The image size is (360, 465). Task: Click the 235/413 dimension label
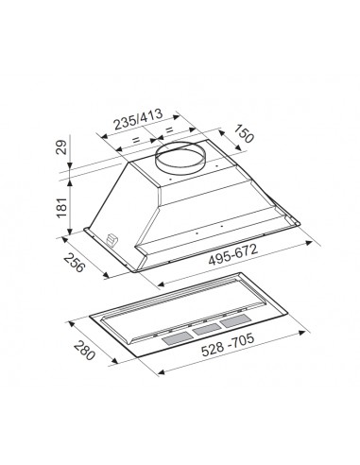tap(138, 119)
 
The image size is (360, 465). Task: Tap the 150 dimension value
tap(244, 133)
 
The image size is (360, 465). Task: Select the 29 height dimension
tap(61, 146)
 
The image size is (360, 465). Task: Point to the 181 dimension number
tap(61, 207)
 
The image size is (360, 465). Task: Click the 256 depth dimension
tap(75, 263)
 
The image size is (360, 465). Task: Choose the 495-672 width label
tap(233, 254)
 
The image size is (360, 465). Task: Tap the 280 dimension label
tap(84, 351)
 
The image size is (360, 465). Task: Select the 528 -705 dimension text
tap(228, 345)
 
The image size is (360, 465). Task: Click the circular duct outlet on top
tap(180, 157)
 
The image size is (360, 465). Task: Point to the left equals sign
tap(136, 139)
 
